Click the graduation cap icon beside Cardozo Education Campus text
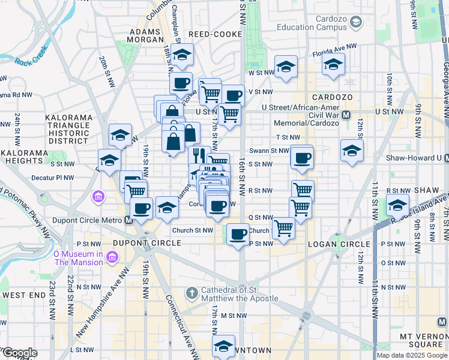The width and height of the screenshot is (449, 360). click(356, 23)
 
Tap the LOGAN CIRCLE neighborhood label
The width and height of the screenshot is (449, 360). click(339, 244)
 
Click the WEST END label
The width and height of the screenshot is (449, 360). click(23, 295)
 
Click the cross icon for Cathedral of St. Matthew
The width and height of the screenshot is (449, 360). click(191, 293)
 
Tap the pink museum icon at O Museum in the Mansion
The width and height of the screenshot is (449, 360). click(111, 257)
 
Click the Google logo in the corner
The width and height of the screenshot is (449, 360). click(19, 353)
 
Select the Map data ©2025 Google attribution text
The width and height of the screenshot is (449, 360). click(412, 355)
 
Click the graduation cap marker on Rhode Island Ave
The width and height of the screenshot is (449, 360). click(397, 205)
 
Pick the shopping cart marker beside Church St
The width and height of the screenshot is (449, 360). click(283, 228)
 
